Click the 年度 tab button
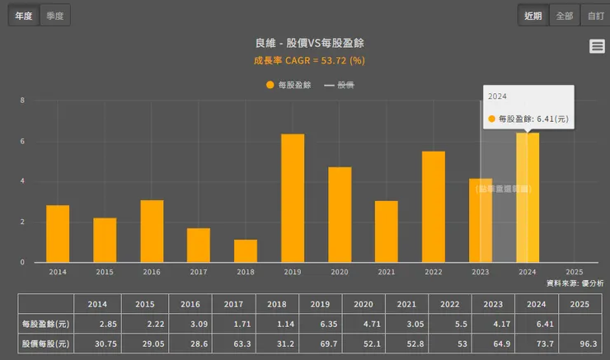click(23, 16)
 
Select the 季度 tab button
click(55, 16)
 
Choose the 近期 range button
click(533, 16)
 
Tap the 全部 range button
click(564, 16)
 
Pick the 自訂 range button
click(594, 16)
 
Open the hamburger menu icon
click(597, 47)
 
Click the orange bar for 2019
click(293, 198)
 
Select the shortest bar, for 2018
click(246, 250)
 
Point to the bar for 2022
click(434, 207)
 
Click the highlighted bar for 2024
click(528, 198)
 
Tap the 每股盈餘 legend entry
click(288, 85)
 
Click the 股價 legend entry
click(340, 85)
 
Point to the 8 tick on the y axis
click(22, 101)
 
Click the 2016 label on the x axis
click(152, 272)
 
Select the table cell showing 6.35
click(321, 325)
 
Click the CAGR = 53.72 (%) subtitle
click(309, 60)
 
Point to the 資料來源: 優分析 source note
click(575, 283)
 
